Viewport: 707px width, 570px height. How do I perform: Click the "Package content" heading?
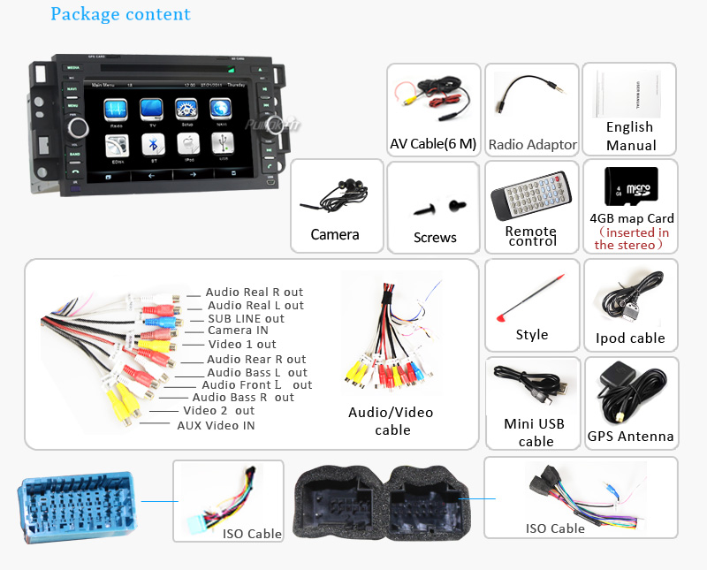coord(120,14)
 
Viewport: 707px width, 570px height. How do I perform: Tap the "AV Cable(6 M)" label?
coord(433,144)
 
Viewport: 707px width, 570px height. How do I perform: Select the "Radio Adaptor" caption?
coord(532,144)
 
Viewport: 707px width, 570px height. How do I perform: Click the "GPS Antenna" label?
coord(630,436)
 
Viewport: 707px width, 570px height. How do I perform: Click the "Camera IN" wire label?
coord(238,331)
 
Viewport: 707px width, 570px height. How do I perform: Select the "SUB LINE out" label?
coord(246,318)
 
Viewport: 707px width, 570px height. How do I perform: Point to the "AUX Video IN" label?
coord(216,425)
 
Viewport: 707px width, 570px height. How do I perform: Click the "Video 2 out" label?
coord(218,411)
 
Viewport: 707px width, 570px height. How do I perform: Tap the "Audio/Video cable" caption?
coord(392,421)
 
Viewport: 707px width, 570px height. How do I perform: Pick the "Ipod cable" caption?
coord(630,338)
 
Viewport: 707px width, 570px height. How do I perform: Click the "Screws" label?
coord(435,237)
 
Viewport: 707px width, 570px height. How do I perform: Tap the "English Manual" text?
coord(630,136)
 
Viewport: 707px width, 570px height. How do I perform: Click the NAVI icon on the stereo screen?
coord(220,110)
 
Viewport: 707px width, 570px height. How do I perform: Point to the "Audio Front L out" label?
coord(256,384)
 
